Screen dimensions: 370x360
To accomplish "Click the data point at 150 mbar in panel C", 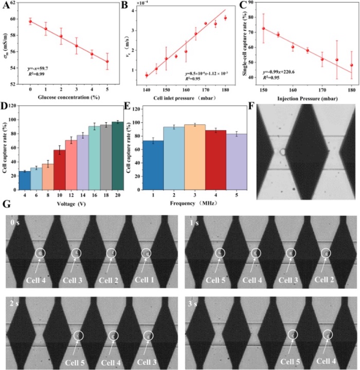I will coord(263,28).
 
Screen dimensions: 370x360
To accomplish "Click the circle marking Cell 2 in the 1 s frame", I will coord(326,253).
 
